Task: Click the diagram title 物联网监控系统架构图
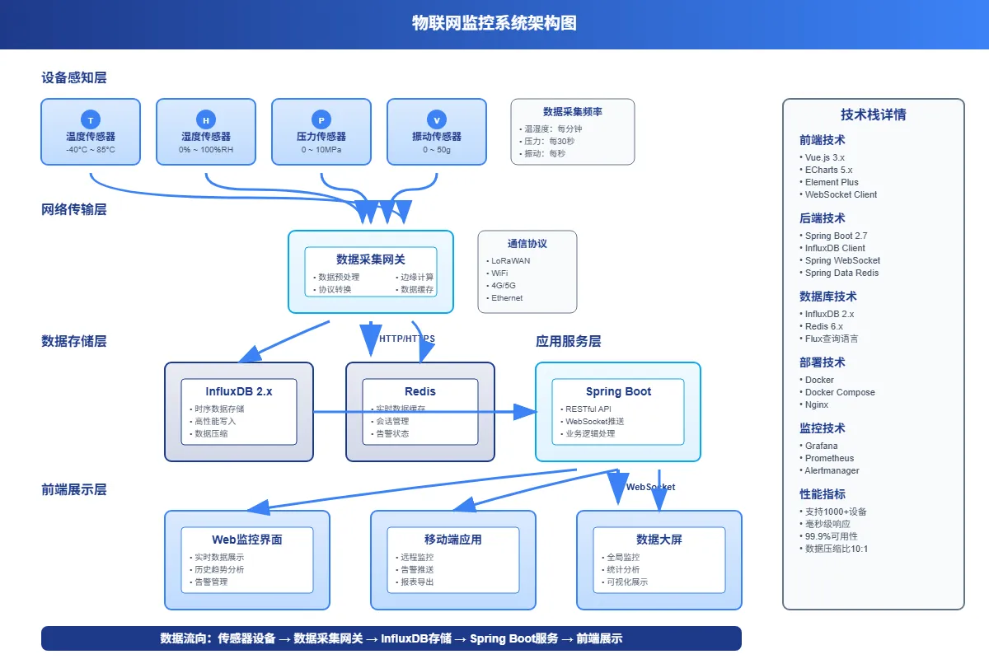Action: click(494, 23)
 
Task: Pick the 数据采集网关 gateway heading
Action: click(371, 259)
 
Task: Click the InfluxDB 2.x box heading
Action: click(239, 391)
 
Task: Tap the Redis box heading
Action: click(420, 391)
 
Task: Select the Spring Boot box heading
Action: click(618, 391)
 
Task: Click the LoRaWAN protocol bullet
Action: click(510, 260)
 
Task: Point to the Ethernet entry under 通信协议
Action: click(507, 297)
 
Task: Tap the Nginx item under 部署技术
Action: click(817, 404)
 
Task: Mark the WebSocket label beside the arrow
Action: click(651, 487)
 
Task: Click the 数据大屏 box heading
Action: click(659, 540)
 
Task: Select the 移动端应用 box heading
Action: click(453, 540)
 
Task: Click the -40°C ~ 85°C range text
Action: click(91, 150)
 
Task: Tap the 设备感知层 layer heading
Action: click(74, 77)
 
